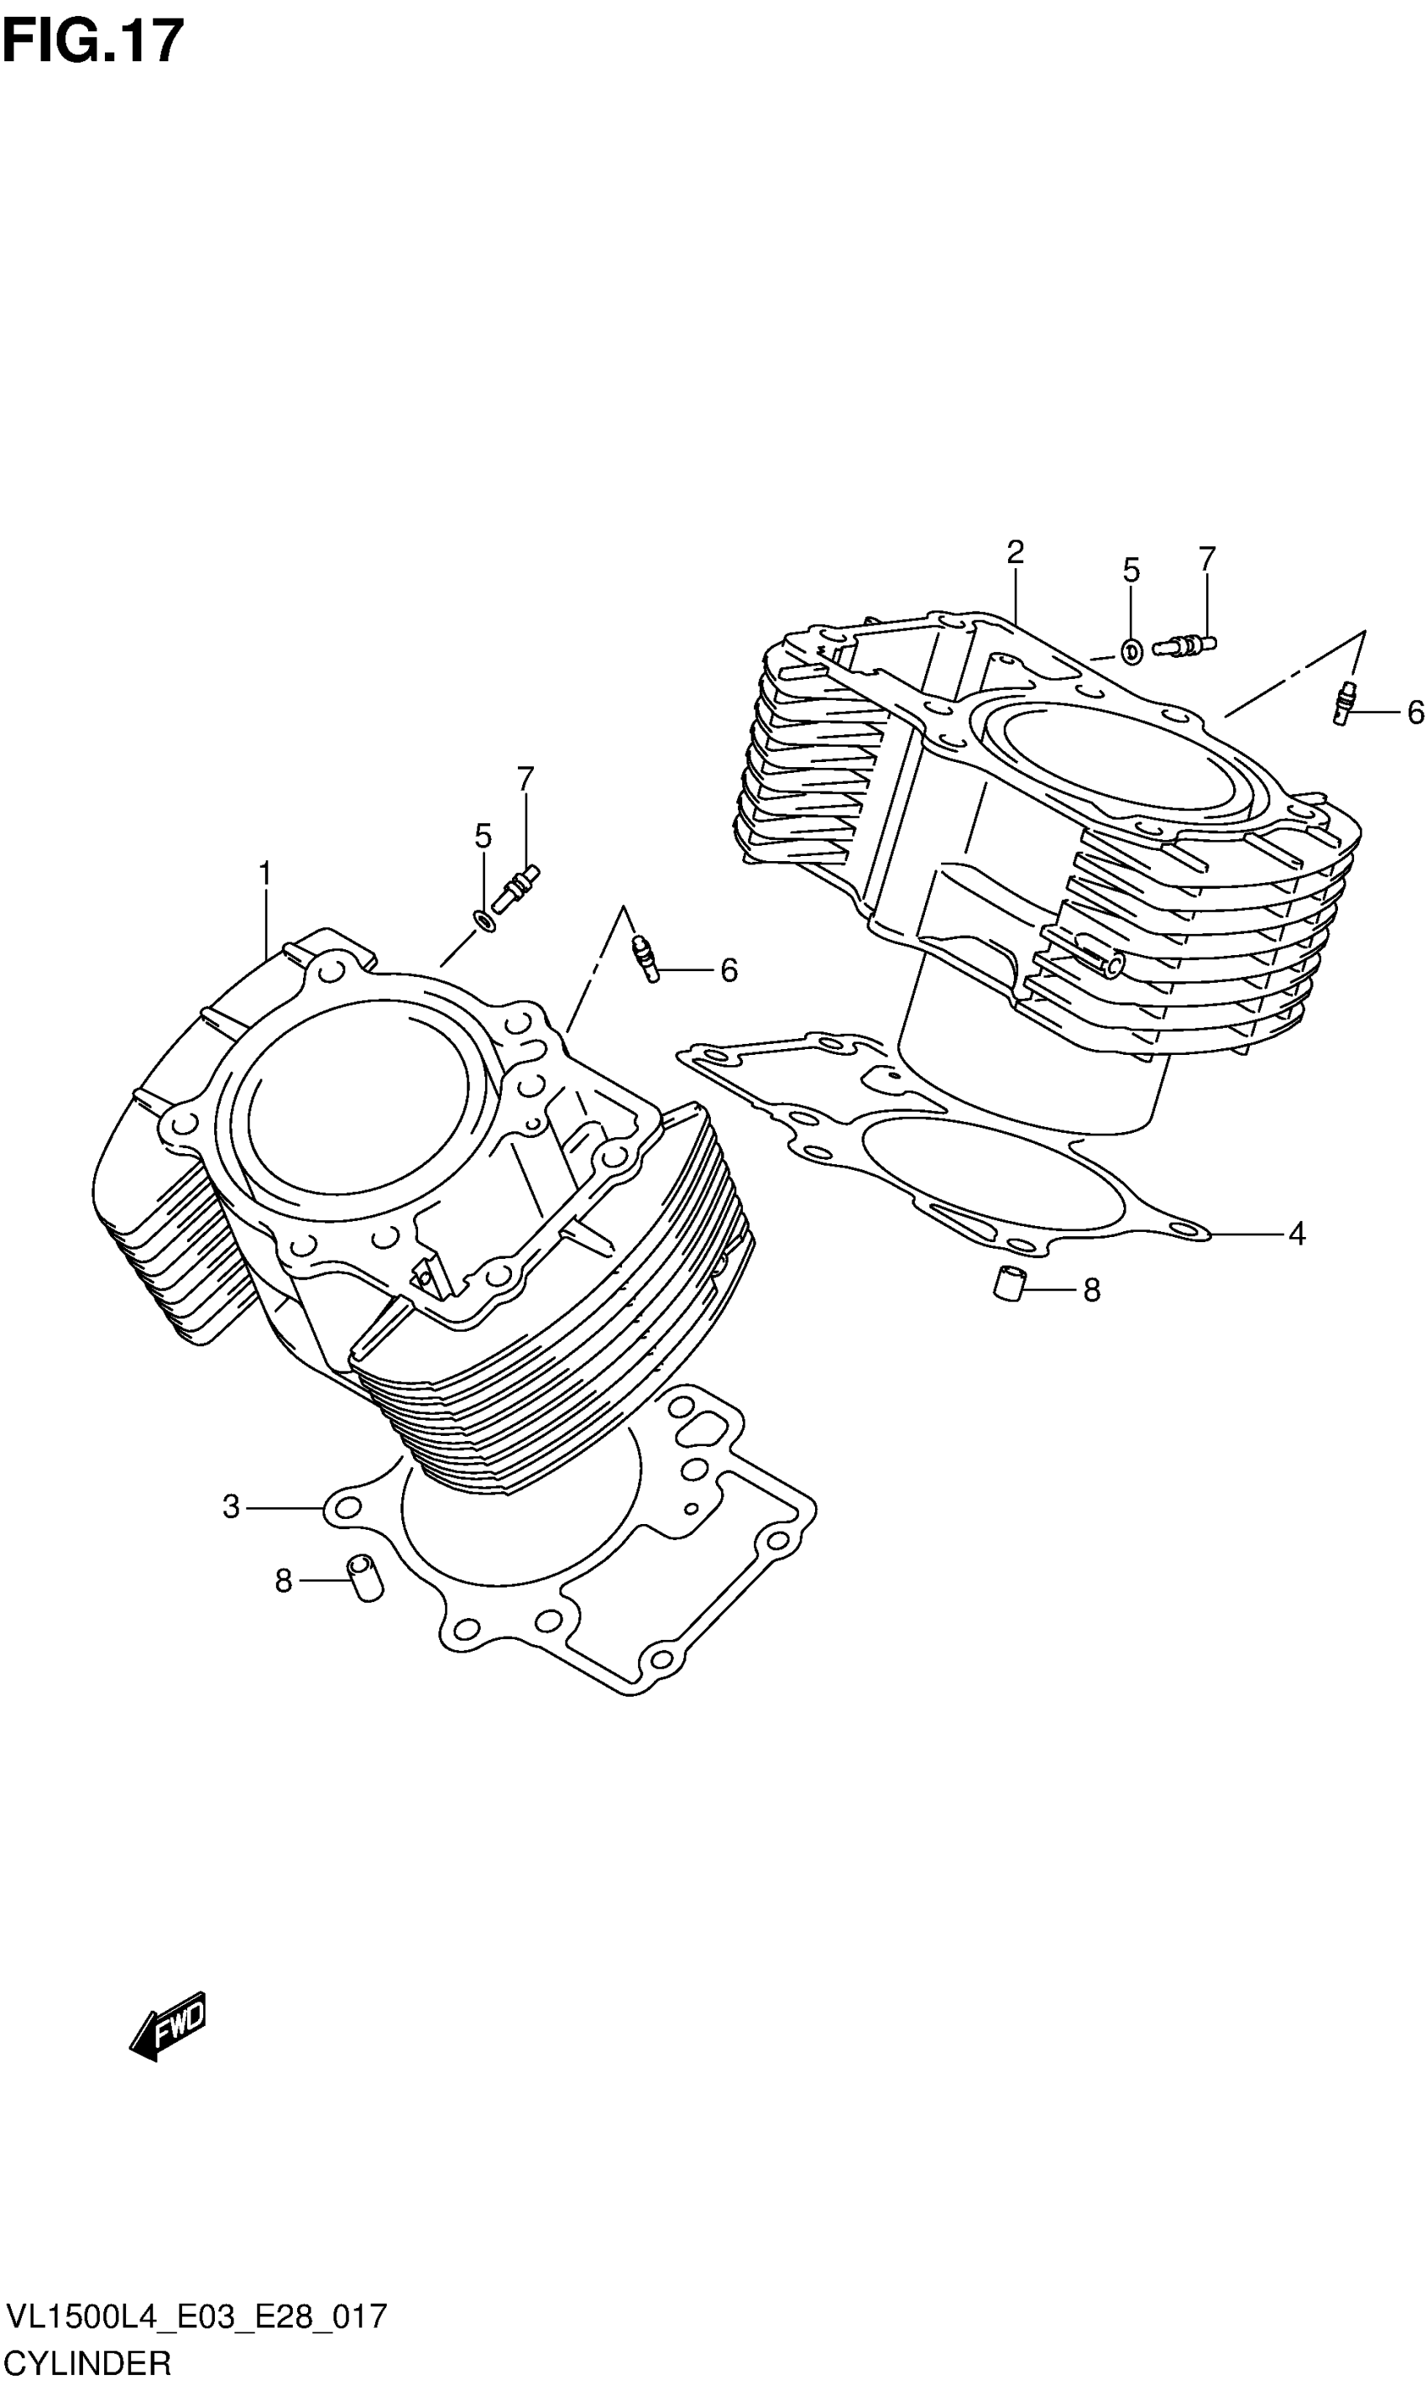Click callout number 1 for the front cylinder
click(x=264, y=874)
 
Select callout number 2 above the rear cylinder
click(x=1015, y=552)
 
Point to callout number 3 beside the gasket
click(x=231, y=1506)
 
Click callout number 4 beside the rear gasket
click(x=1296, y=1234)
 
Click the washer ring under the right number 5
click(x=1132, y=652)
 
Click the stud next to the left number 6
click(x=646, y=958)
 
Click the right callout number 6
click(x=1414, y=713)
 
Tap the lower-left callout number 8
click(x=283, y=1580)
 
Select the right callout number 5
click(x=1131, y=570)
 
